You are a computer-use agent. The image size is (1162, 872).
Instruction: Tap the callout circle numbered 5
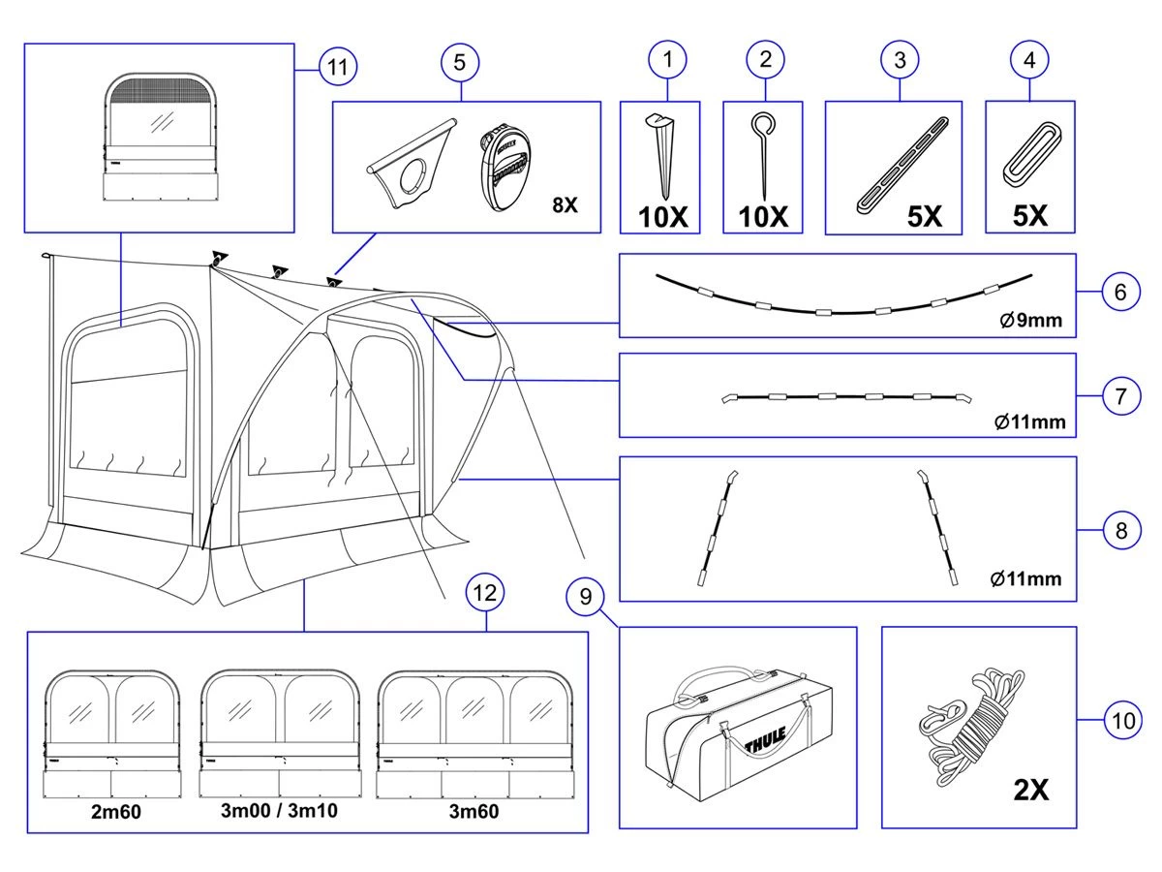click(x=460, y=61)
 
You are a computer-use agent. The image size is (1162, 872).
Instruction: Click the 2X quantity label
click(x=1030, y=790)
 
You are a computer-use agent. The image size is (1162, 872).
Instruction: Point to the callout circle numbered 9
click(x=585, y=598)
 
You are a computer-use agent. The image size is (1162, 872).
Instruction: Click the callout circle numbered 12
click(x=486, y=592)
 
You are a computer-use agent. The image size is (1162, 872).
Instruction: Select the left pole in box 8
click(x=715, y=527)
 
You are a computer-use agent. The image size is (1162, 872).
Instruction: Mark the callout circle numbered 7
click(x=1120, y=396)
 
